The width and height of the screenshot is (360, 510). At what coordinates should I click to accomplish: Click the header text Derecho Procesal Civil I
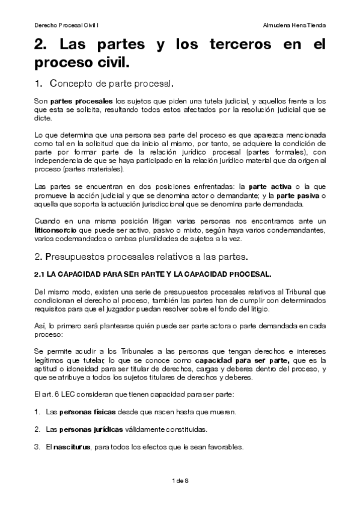coord(67,26)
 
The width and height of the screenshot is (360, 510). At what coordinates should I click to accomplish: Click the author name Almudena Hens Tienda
coord(295,26)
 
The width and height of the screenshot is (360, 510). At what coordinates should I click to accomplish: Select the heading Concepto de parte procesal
coord(112,82)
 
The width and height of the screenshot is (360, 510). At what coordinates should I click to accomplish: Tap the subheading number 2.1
coord(40,274)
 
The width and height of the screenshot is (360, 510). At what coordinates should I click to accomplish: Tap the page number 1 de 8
coord(180,481)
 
